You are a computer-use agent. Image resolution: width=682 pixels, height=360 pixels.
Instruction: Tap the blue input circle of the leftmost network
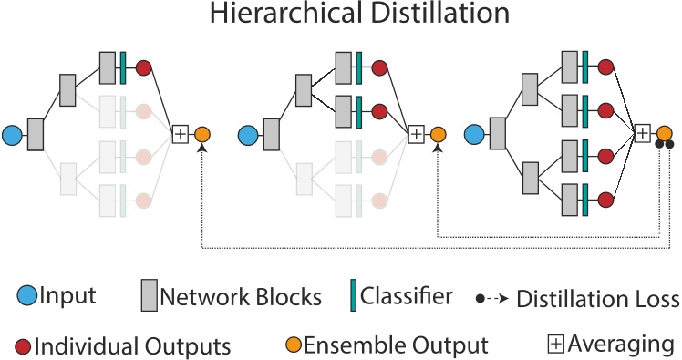pos(12,135)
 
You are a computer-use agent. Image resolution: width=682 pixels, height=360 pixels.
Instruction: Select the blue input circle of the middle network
pos(248,135)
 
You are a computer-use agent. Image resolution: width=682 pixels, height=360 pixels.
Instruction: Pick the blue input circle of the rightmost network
pos(473,135)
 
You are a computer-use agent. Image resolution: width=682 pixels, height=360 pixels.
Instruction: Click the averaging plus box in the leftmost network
pos(181,134)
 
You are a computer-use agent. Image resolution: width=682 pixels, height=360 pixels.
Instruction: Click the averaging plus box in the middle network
pos(417,134)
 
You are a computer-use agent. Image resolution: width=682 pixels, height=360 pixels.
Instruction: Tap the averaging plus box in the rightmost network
pos(643,133)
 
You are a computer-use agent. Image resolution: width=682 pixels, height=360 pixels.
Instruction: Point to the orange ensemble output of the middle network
pos(438,134)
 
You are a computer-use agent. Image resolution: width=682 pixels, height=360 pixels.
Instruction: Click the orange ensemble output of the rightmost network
pos(664,133)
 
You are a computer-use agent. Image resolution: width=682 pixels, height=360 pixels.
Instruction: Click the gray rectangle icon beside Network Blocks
pos(150,295)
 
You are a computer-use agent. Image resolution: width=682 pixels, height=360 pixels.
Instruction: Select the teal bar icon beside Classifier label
pos(353,295)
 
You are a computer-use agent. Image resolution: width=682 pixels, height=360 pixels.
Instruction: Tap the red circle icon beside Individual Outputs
pos(24,345)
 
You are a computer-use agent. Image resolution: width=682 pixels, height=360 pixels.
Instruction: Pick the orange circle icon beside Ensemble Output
pos(294,345)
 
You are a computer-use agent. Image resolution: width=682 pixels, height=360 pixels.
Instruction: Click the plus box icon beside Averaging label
pos(555,345)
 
